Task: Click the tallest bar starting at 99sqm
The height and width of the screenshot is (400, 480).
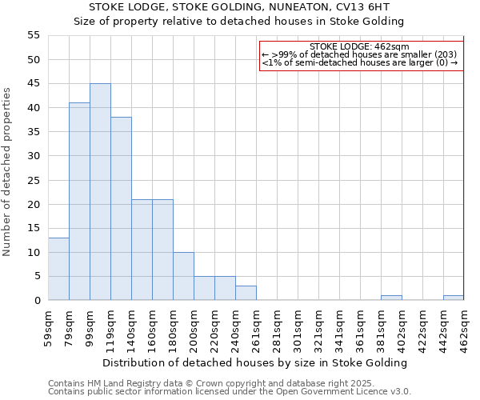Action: pos(100,192)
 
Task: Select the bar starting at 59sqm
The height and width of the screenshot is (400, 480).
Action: pos(58,269)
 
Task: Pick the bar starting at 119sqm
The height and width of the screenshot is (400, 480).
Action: pos(121,209)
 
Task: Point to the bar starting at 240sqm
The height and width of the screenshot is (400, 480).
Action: pos(246,294)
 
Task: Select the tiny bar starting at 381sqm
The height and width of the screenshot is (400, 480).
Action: pos(391,298)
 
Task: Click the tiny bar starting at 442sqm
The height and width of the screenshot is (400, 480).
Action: pos(454,298)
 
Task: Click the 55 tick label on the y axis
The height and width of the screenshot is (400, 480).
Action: pos(34,35)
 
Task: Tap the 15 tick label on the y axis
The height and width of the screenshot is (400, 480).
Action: pos(34,228)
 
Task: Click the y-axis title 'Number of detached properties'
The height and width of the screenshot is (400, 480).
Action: pos(8,171)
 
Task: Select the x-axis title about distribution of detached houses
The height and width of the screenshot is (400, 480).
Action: pos(255,362)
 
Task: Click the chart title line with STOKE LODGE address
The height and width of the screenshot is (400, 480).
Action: pos(239,7)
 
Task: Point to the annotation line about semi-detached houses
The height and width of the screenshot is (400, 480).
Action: pos(360,62)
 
